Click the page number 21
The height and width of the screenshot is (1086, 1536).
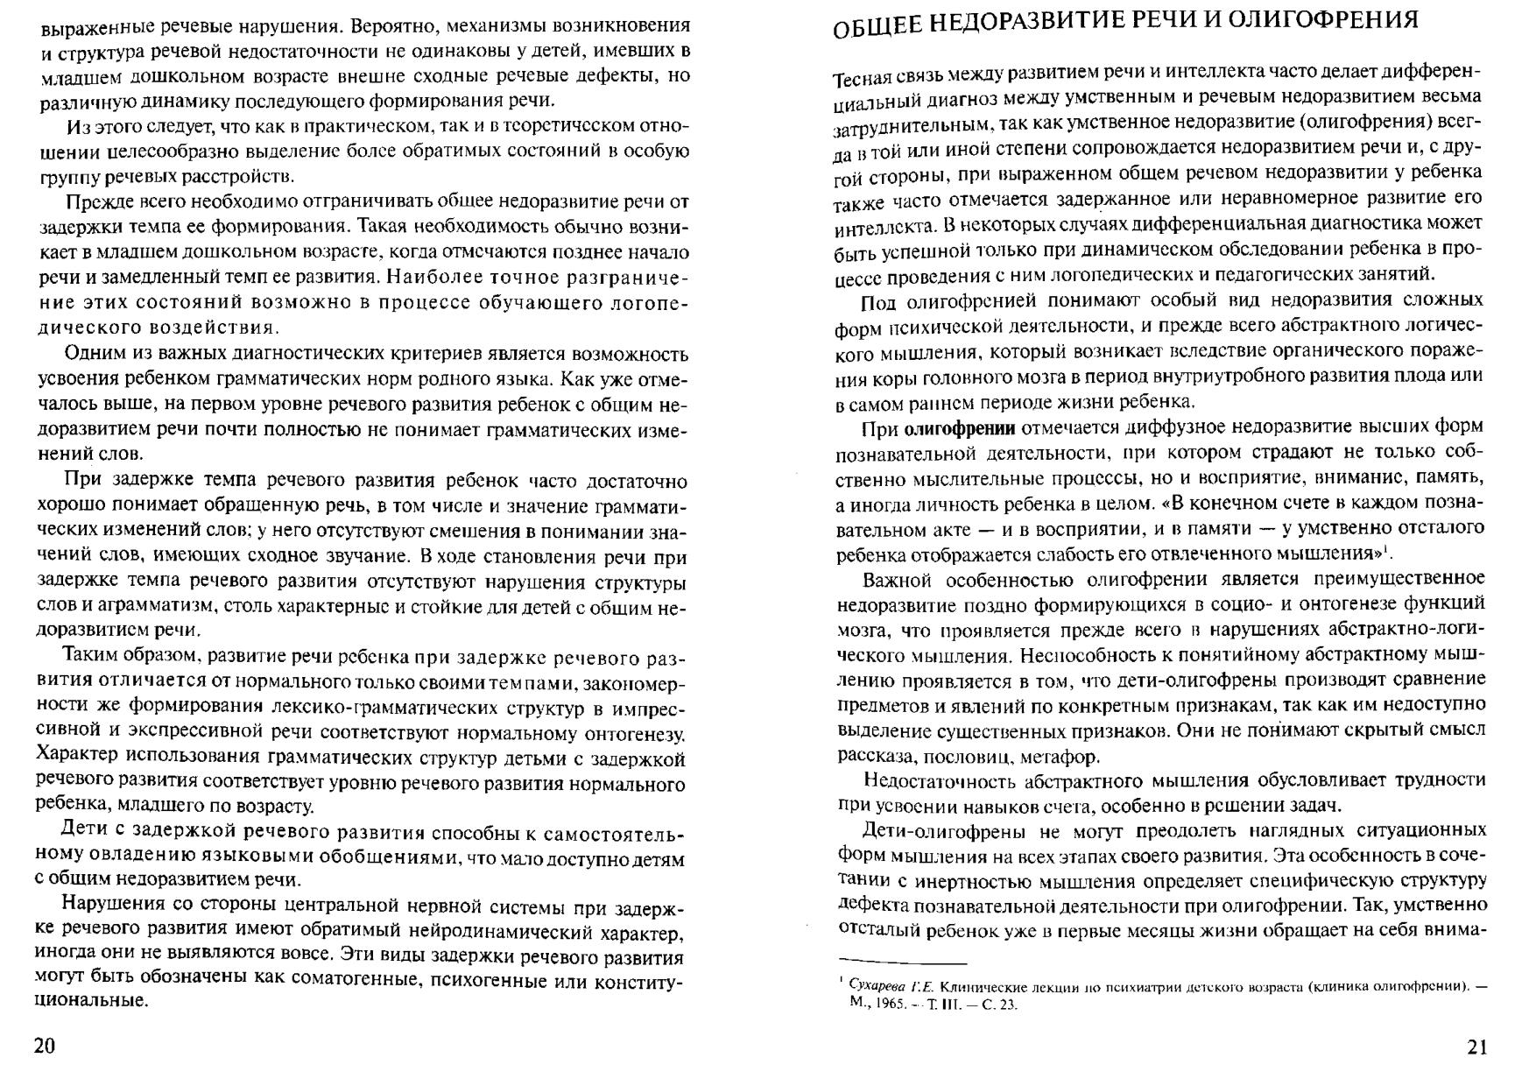tap(1476, 1047)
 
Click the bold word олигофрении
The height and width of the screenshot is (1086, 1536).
tap(959, 428)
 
